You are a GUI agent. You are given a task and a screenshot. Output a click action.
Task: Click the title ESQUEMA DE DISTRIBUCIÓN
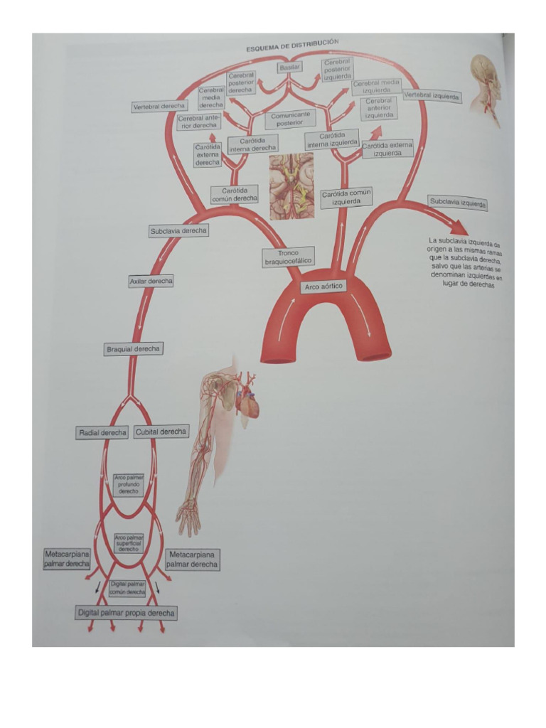point(292,45)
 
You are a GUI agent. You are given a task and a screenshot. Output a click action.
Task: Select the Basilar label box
point(289,67)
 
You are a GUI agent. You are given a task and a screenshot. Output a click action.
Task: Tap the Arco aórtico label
point(323,287)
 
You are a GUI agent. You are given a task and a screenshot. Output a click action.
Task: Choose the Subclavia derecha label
point(178,231)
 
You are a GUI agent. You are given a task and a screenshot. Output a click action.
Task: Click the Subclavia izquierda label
point(458,203)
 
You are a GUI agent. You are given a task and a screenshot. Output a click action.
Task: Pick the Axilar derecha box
point(151,282)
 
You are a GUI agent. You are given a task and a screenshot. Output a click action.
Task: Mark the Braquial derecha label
point(133,349)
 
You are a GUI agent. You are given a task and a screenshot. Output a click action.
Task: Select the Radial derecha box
point(102,432)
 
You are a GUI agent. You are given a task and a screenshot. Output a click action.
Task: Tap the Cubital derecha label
point(161,432)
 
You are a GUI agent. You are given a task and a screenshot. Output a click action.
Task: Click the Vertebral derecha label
point(159,106)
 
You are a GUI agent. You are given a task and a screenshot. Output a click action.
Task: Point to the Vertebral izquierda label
point(432,96)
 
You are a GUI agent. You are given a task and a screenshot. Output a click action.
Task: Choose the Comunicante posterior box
point(290,118)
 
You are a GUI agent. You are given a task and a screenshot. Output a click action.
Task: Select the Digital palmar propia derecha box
point(126,613)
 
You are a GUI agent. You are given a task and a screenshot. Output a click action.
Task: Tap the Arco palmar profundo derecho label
point(129,485)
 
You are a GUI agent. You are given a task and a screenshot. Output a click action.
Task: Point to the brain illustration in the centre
point(291,186)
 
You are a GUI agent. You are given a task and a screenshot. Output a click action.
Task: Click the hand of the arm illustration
point(188,518)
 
